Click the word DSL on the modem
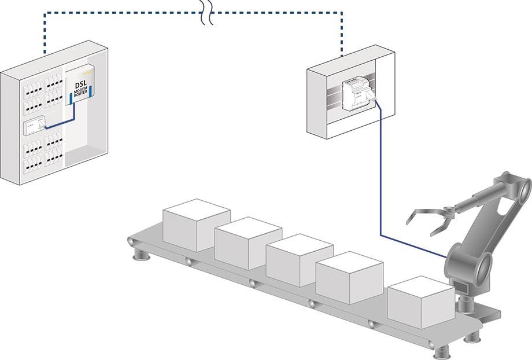pos(81,86)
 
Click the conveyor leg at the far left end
pos(139,254)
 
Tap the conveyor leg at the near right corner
pos(442,351)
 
